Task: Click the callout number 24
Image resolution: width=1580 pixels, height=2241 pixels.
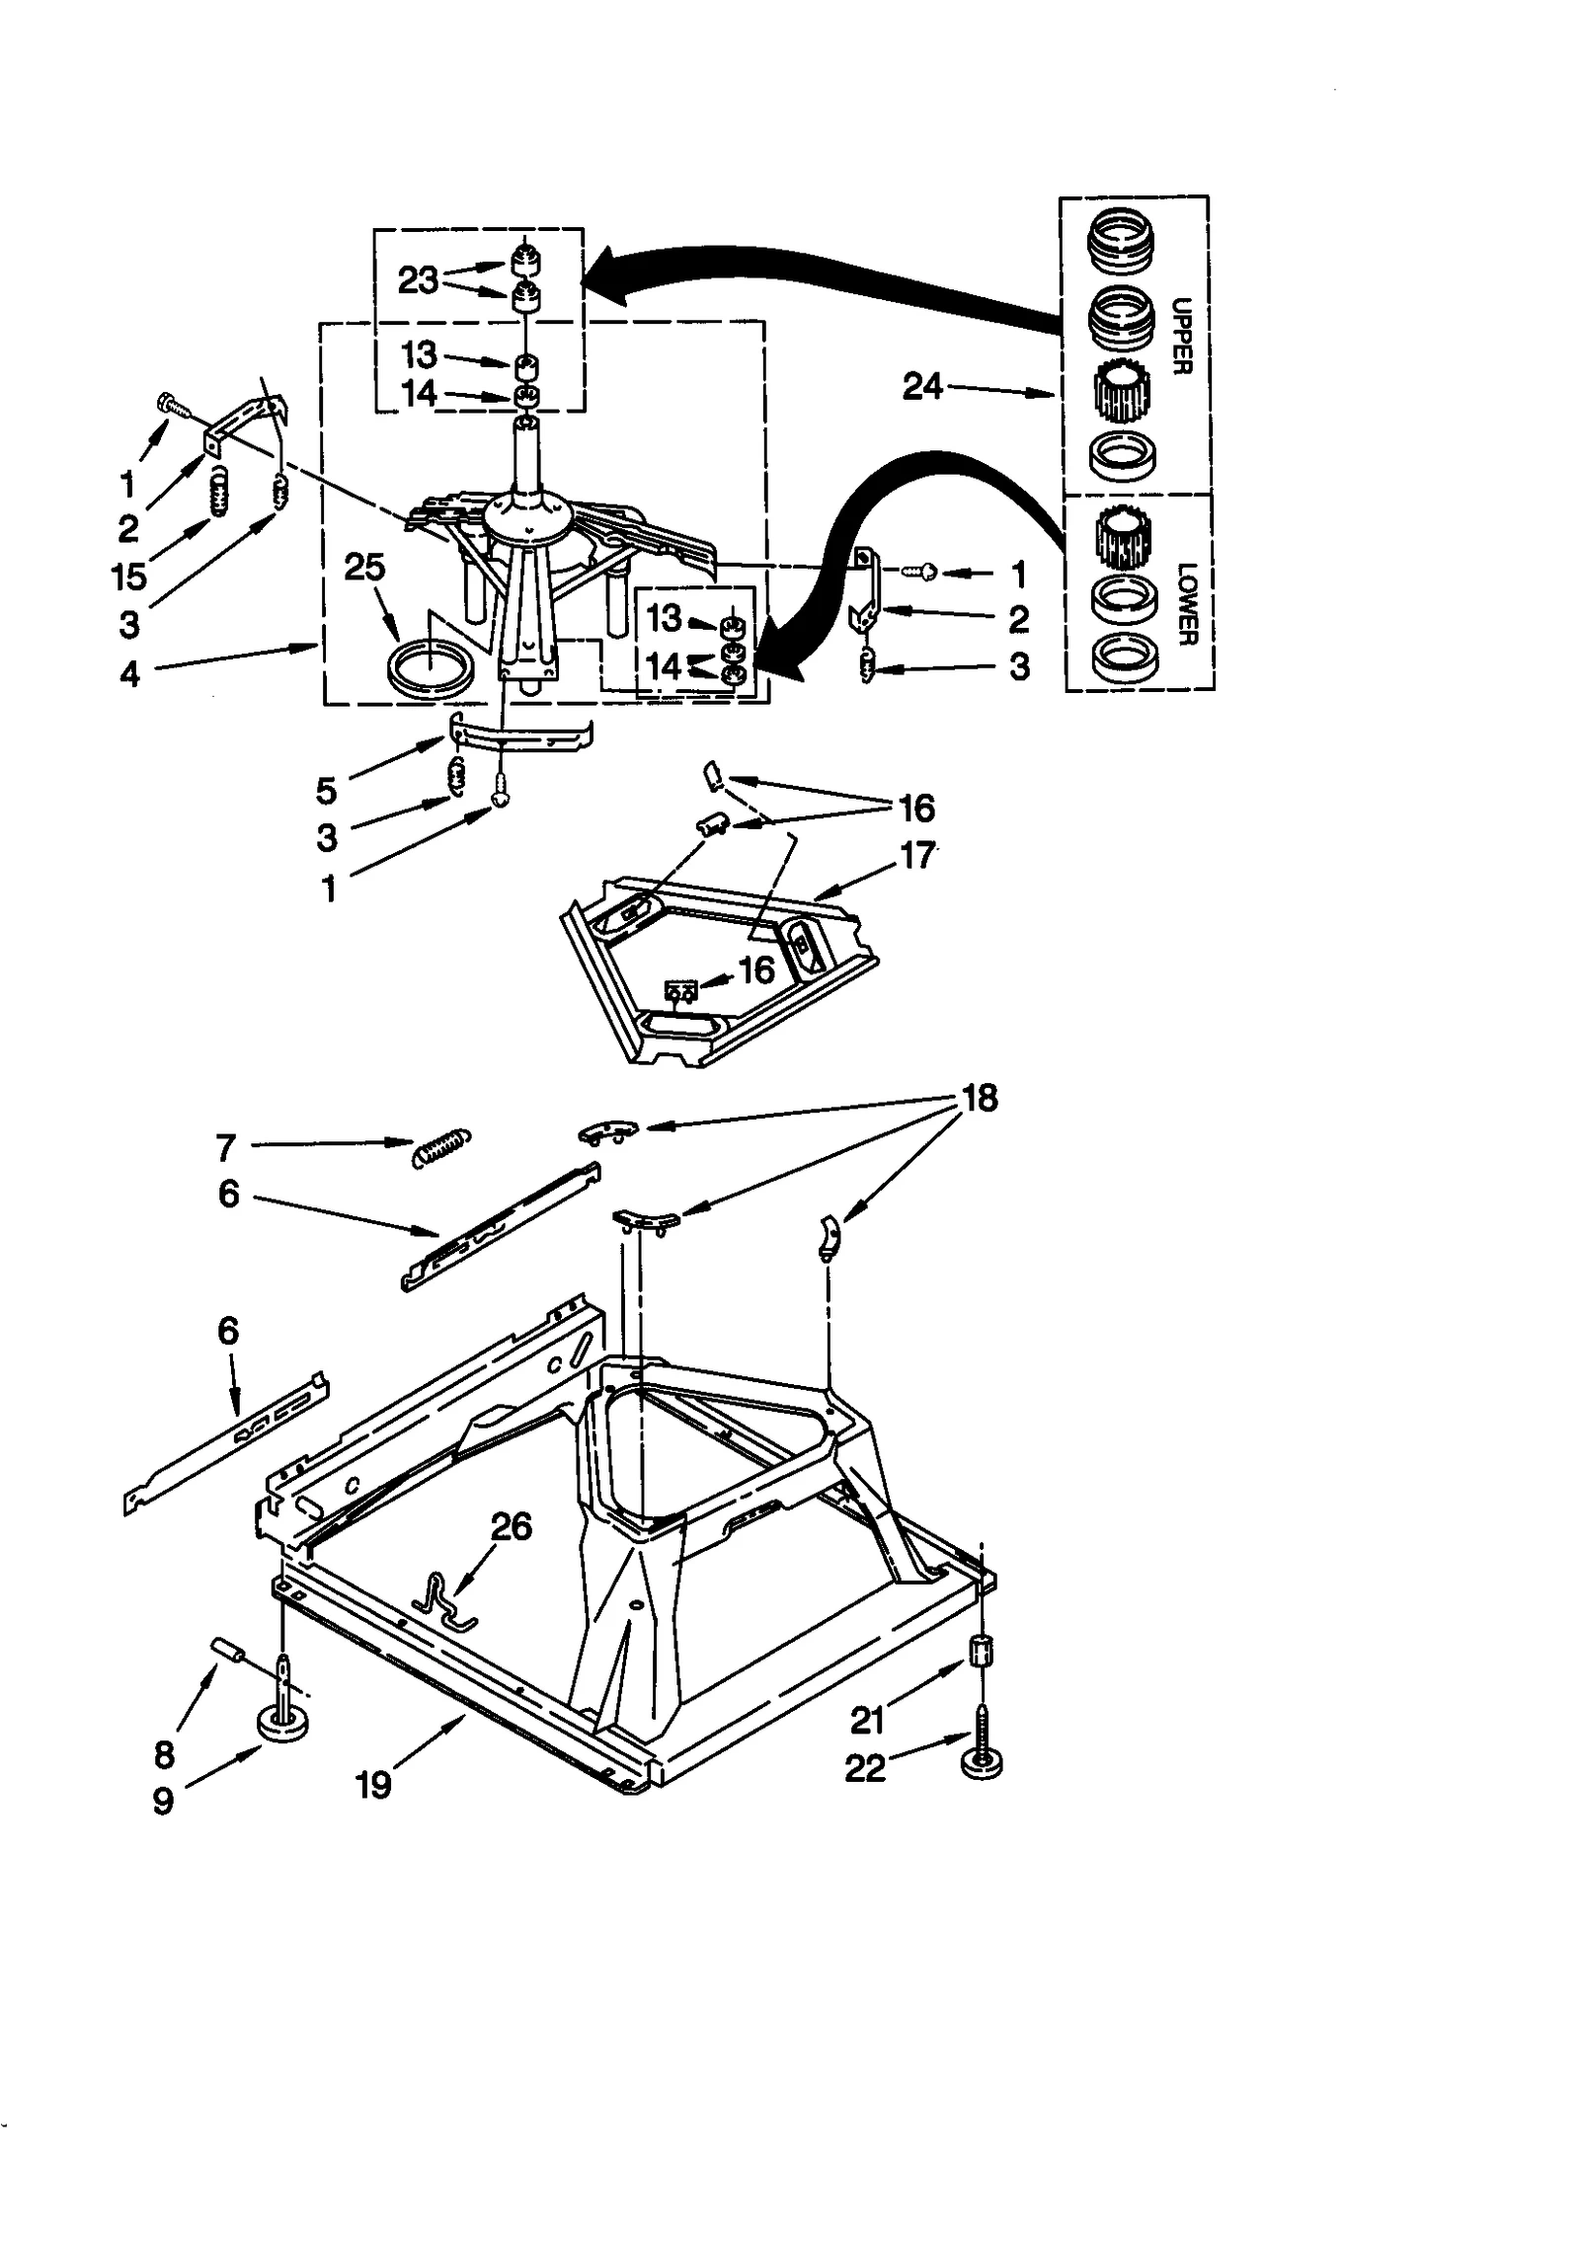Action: coord(923,386)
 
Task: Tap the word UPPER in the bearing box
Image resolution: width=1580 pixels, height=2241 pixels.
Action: coord(1183,336)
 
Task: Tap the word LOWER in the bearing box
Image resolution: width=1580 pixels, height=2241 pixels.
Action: coord(1186,603)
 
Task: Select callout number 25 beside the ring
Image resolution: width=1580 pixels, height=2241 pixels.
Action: coord(364,568)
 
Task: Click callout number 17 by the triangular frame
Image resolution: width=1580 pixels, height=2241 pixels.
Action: coord(917,855)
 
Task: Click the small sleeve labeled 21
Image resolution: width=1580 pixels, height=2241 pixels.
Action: coord(981,1650)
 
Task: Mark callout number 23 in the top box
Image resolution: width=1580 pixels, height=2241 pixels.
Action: coord(418,280)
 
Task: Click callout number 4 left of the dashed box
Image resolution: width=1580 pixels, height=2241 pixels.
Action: coord(129,675)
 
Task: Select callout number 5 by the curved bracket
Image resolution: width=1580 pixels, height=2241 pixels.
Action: coord(327,789)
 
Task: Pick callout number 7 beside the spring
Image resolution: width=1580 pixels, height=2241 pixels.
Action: coord(225,1147)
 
